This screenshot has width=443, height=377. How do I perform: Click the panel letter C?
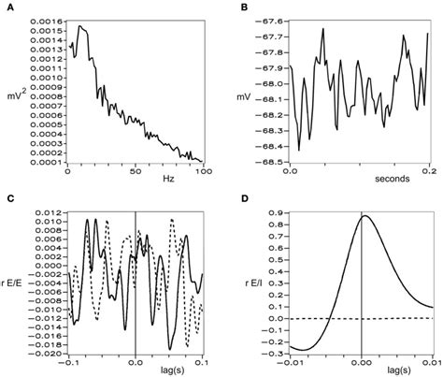click(8, 200)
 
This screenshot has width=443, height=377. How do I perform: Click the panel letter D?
click(244, 200)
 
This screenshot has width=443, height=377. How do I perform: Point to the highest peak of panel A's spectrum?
click(79, 27)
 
